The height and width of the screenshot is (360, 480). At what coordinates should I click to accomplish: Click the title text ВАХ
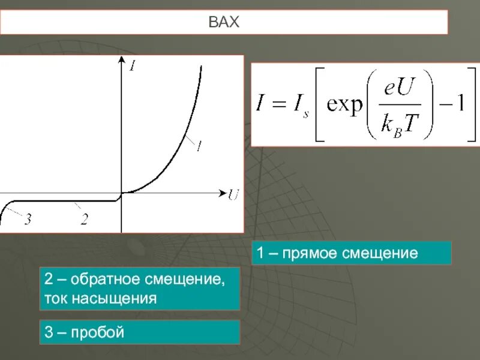(x=224, y=23)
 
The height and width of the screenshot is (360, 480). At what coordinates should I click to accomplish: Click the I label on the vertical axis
(x=132, y=66)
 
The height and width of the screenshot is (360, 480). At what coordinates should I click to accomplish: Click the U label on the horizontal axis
(x=233, y=194)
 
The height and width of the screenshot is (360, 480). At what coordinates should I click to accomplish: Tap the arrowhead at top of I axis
(x=121, y=62)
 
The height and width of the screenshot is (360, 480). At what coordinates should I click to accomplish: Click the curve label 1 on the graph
(x=198, y=145)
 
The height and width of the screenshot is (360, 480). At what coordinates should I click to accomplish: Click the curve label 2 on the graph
(x=84, y=219)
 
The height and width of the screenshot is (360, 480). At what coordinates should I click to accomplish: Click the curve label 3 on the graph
(x=27, y=219)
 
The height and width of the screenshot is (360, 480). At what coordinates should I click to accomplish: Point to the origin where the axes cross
(x=121, y=193)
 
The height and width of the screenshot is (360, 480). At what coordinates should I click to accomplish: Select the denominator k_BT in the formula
(x=398, y=124)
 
